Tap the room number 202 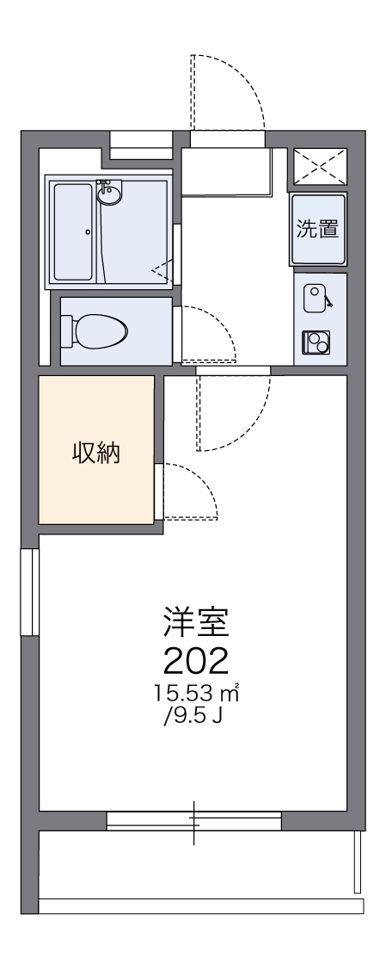[x=195, y=660]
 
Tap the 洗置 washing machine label [x=317, y=229]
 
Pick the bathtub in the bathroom [x=74, y=232]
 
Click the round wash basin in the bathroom [x=109, y=195]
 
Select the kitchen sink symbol [x=315, y=297]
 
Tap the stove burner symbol [x=316, y=342]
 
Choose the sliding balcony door [x=194, y=820]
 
